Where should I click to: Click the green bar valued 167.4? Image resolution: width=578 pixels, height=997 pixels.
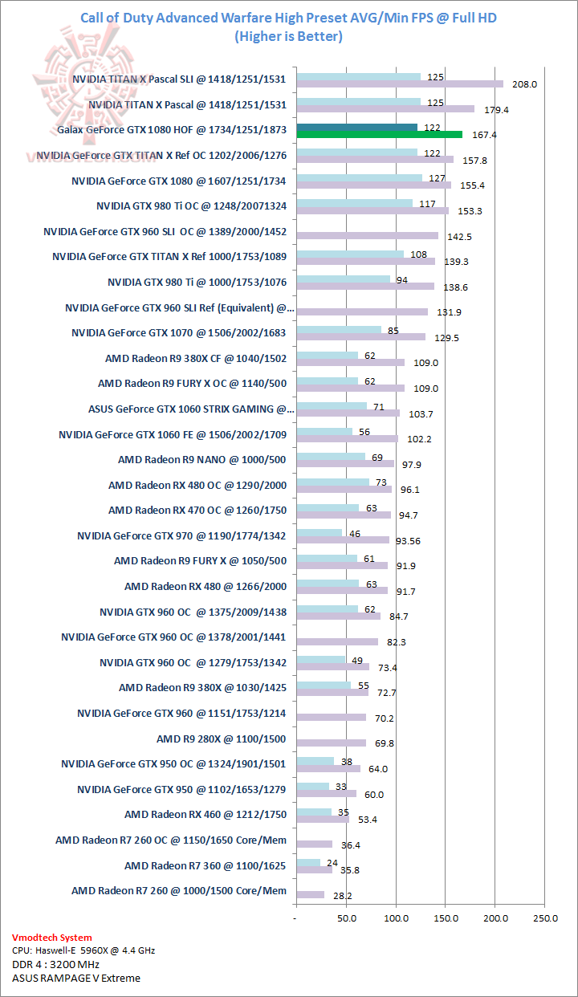click(x=379, y=134)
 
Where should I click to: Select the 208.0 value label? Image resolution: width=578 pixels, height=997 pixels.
click(x=524, y=84)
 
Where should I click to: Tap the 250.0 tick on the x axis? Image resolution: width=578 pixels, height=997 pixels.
click(x=545, y=918)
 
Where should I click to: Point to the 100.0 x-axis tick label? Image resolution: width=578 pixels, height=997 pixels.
click(x=396, y=918)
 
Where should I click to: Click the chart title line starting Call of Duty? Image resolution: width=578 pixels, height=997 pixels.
click(x=289, y=18)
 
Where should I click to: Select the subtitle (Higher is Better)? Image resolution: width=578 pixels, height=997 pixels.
click(x=289, y=35)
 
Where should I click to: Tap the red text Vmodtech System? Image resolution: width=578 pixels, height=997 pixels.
click(x=52, y=937)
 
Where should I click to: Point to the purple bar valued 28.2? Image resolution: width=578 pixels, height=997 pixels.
click(x=310, y=894)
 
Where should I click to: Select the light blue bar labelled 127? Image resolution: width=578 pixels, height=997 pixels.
click(x=359, y=177)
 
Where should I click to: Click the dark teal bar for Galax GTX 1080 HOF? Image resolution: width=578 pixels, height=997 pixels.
click(x=356, y=127)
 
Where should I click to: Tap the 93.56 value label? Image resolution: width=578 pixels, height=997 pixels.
click(x=409, y=541)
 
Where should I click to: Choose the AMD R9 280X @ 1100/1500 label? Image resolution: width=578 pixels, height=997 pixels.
click(x=222, y=739)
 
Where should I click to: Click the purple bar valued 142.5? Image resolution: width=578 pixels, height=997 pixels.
click(x=367, y=235)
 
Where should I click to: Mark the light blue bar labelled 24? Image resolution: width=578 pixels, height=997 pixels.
click(x=307, y=863)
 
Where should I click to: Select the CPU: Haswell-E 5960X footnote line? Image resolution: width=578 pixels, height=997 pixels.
click(x=83, y=950)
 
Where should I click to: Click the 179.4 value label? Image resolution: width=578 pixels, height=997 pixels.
click(x=495, y=109)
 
